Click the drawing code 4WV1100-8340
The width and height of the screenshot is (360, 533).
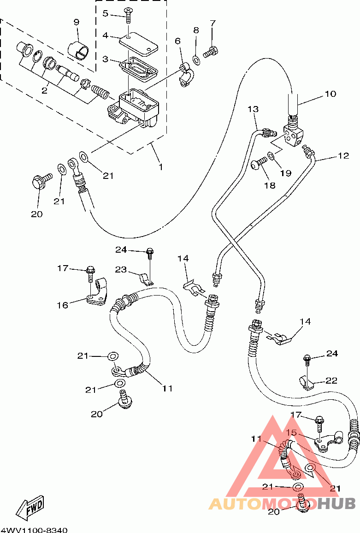click(34, 530)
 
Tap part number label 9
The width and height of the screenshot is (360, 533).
click(77, 23)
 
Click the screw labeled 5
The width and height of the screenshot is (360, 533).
click(128, 15)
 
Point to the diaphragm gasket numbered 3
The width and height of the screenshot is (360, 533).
click(138, 70)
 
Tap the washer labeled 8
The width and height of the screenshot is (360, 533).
click(196, 60)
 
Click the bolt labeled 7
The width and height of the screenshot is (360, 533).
click(211, 52)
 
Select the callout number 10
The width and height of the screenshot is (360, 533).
click(330, 94)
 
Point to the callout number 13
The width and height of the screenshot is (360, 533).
click(253, 109)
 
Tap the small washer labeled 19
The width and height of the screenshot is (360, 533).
click(271, 156)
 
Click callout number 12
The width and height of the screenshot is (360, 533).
click(344, 156)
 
